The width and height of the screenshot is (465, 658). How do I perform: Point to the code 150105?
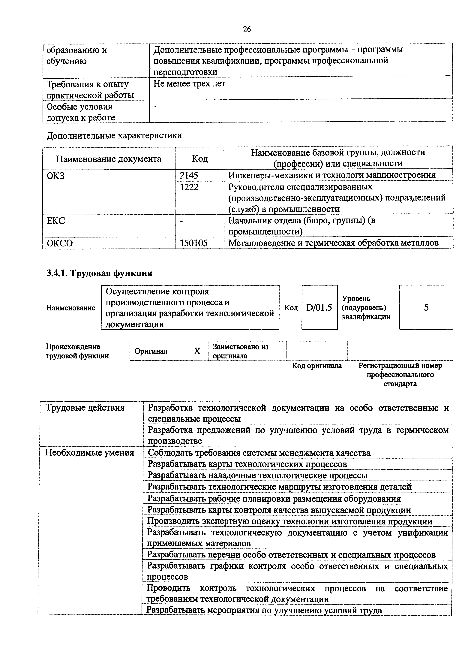pos(193,243)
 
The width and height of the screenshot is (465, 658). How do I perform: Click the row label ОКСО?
pos(60,243)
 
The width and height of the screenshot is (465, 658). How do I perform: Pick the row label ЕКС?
pos(56,221)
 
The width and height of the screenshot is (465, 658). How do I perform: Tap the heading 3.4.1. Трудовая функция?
pos(99,273)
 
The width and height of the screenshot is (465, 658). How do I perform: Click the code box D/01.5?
pos(319,307)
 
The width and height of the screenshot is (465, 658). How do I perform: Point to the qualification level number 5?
pos(426,307)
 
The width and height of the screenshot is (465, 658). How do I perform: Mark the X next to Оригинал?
pos(197,351)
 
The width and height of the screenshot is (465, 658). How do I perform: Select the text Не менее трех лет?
pos(189,84)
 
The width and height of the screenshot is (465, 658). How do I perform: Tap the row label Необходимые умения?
pos(89,453)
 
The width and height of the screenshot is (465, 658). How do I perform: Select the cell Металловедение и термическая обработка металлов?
pos(333,243)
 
